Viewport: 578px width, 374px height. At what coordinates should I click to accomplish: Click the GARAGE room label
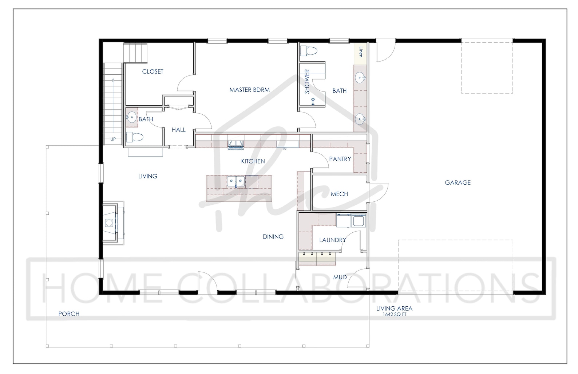click(x=458, y=182)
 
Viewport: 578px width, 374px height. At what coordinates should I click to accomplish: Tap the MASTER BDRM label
click(x=249, y=90)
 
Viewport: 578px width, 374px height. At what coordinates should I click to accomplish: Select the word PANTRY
click(x=340, y=159)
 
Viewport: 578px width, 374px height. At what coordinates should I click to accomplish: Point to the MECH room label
click(x=339, y=194)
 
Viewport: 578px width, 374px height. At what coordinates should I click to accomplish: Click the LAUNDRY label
click(x=332, y=240)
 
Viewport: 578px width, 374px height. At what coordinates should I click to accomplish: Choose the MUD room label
click(x=340, y=277)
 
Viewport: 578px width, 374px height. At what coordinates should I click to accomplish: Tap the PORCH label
click(x=69, y=314)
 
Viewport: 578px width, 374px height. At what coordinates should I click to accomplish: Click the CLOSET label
click(x=153, y=71)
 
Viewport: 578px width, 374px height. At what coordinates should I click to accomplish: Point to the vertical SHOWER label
click(x=307, y=82)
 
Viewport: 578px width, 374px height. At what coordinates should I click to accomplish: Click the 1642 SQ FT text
click(x=394, y=315)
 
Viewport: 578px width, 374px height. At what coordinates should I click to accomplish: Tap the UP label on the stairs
click(x=113, y=139)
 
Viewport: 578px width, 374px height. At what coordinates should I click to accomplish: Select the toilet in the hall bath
click(x=134, y=138)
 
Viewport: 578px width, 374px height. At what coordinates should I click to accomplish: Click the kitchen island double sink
click(x=236, y=181)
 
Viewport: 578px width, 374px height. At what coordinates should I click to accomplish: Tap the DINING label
click(x=273, y=237)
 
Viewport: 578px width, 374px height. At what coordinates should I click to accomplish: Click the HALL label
click(x=178, y=130)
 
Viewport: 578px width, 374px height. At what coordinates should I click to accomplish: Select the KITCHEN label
click(x=253, y=161)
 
